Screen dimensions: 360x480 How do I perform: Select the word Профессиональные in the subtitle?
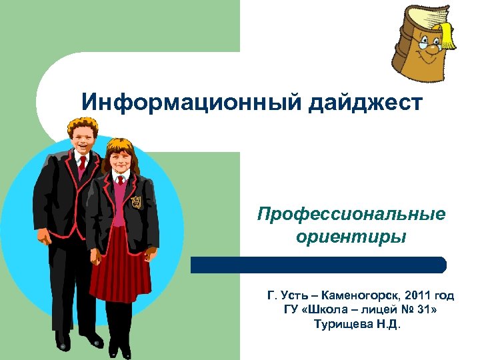point(351,215)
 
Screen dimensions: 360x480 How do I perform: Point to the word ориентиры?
point(351,237)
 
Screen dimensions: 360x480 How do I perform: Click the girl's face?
point(119,160)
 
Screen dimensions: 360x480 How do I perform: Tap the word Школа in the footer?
point(326,310)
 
